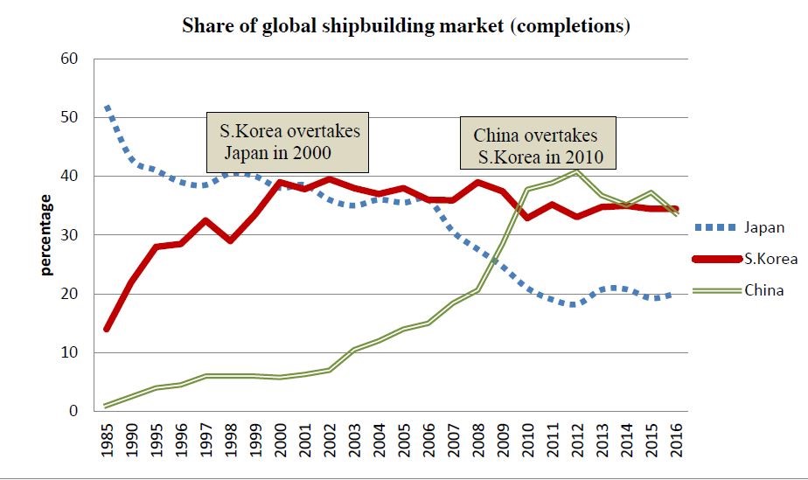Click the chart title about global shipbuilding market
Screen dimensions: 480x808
point(406,25)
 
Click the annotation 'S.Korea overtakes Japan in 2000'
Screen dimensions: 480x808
point(289,142)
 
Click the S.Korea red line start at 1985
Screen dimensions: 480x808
point(107,329)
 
